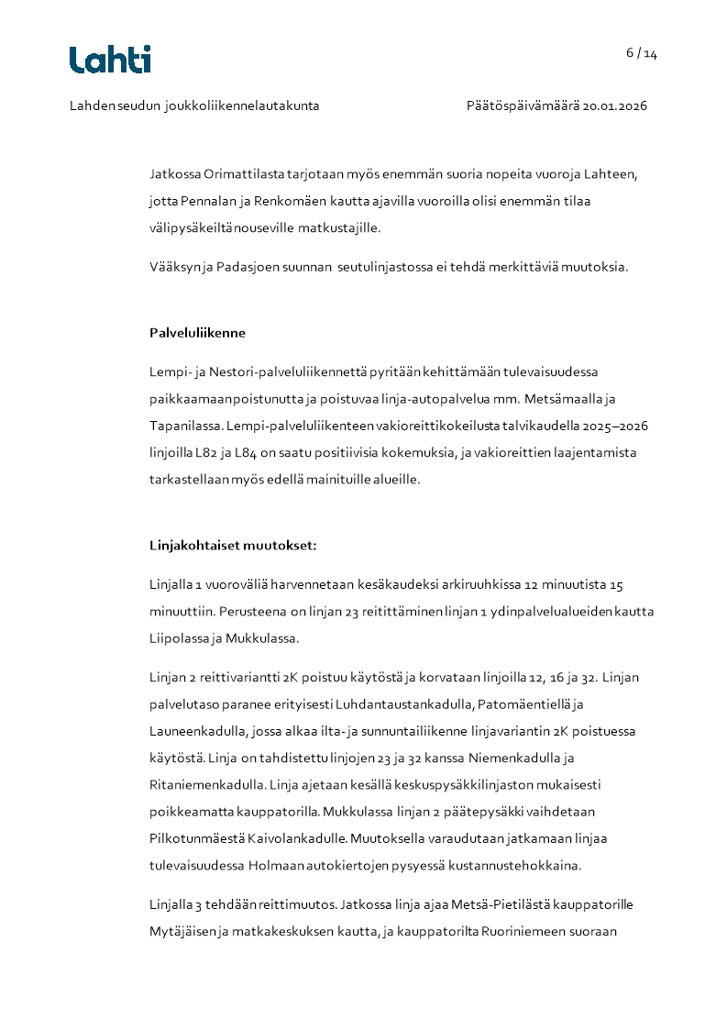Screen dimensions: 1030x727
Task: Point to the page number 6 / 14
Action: pyautogui.click(x=642, y=53)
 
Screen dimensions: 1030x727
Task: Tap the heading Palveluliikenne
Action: pyautogui.click(x=197, y=333)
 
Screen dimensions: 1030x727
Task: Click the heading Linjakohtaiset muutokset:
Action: pyautogui.click(x=233, y=545)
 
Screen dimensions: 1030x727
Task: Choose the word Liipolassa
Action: pyautogui.click(x=182, y=638)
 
